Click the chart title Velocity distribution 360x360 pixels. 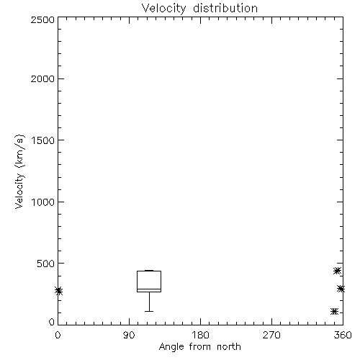pos(199,9)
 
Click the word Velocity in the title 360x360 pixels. pos(163,9)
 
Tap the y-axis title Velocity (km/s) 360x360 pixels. pos(19,171)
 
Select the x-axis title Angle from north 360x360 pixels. pos(199,347)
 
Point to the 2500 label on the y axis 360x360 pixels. pos(42,20)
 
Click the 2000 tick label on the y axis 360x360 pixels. pos(42,78)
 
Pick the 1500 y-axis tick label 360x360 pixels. pos(43,140)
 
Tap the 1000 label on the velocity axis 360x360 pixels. pos(43,202)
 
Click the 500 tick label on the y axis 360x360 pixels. pos(46,264)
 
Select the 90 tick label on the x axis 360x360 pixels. pos(129,335)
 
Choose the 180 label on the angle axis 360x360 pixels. pos(200,335)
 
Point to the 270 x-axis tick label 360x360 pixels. pos(271,335)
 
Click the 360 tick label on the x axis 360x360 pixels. pos(343,335)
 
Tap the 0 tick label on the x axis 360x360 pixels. pos(58,335)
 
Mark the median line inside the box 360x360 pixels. pos(149,289)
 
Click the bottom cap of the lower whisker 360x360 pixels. pos(149,311)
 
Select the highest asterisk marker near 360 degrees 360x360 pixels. pos(337,271)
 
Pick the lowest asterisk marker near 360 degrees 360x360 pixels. pos(334,312)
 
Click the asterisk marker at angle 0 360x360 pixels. pos(58,291)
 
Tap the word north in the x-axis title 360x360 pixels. pos(229,347)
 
